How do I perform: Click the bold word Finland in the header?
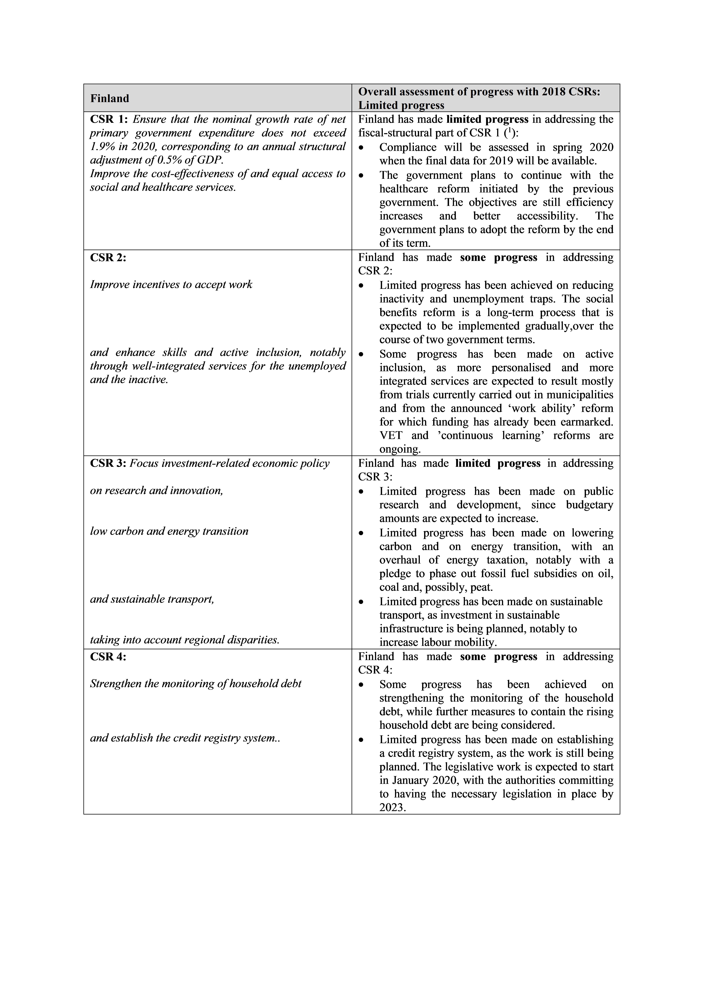(110, 98)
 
